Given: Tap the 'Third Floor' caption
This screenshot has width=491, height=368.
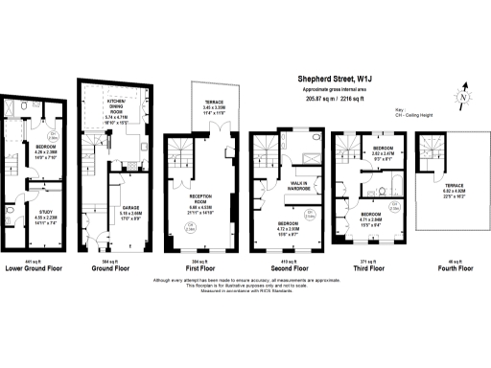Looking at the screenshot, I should point(365,269).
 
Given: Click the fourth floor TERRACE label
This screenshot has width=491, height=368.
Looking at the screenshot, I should point(453,187).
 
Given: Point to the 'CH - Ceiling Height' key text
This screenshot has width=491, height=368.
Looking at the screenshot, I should point(417,114).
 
